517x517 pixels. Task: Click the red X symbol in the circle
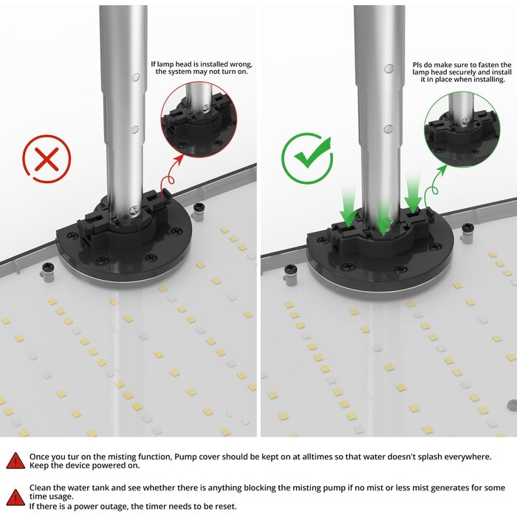pos(47,159)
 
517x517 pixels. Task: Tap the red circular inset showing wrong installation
pos(199,120)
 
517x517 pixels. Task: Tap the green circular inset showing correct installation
pos(462,129)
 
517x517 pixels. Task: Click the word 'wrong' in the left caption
pos(241,64)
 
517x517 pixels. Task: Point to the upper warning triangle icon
pos(16,461)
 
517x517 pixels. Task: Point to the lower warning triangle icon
pos(16,498)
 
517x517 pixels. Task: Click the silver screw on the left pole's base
pos(134,210)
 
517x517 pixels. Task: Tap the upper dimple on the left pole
pos(135,78)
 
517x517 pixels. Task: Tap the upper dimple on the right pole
pos(389,69)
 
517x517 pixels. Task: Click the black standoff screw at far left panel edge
pos(48,267)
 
